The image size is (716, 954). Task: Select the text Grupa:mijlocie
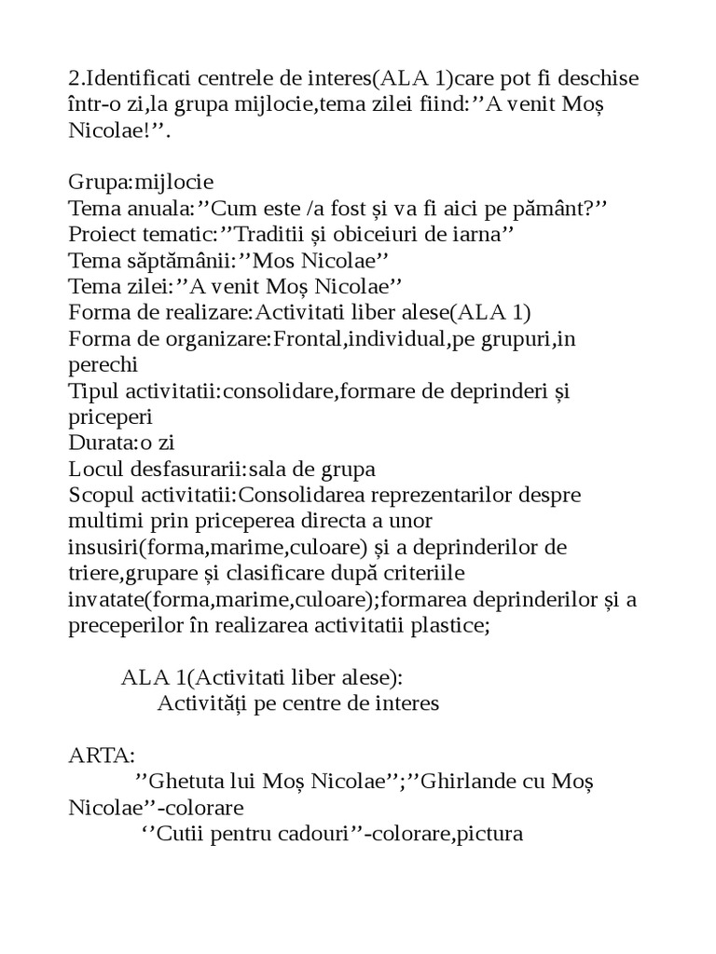(141, 182)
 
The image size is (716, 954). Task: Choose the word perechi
(103, 364)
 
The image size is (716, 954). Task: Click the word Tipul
(94, 390)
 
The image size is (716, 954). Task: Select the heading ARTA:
(102, 756)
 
